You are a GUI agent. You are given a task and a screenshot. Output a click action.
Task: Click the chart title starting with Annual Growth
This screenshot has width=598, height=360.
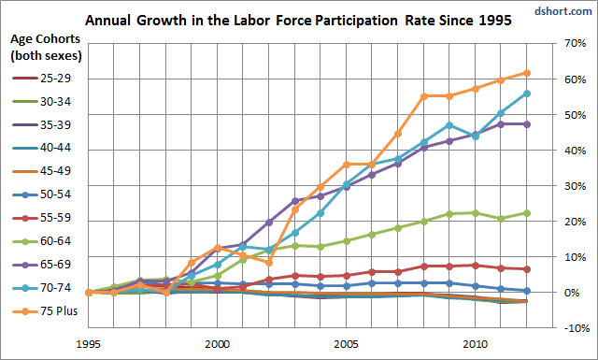[298, 21]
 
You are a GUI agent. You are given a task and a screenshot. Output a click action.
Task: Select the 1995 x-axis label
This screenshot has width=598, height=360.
[89, 344]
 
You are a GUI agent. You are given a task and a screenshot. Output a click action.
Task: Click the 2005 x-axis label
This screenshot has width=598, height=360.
[347, 344]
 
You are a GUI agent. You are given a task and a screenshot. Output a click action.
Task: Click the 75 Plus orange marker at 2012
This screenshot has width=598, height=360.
[527, 73]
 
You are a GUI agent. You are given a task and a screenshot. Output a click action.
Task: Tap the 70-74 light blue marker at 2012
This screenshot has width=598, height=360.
[527, 94]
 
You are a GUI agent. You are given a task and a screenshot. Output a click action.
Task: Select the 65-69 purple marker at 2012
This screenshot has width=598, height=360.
[527, 124]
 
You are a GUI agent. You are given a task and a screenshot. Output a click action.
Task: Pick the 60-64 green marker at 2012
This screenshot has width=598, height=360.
[527, 213]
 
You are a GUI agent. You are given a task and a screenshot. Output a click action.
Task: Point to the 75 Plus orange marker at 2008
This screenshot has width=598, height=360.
[424, 96]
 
